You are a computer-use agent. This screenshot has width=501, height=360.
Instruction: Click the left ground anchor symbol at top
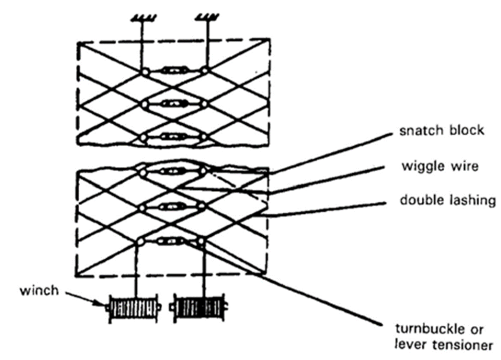(142, 20)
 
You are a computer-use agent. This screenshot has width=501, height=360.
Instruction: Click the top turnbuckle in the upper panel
(173, 71)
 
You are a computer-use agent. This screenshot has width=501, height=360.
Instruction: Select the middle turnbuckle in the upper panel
(173, 104)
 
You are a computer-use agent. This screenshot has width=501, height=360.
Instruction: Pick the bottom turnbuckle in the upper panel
(173, 136)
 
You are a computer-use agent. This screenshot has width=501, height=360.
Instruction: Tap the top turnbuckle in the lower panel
(173, 171)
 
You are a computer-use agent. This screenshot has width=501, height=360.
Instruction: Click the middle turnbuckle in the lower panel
(173, 207)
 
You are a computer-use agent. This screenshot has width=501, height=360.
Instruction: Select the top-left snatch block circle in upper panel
(145, 72)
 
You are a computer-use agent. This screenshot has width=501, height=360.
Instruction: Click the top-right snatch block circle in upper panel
(204, 72)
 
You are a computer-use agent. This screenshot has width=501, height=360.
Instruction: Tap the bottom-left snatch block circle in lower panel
(140, 242)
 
